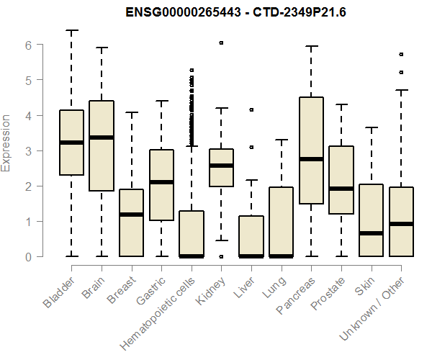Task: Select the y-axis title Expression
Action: click(x=6, y=143)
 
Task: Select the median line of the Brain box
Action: click(x=101, y=138)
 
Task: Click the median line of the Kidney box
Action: click(x=221, y=166)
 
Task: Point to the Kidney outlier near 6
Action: click(x=221, y=43)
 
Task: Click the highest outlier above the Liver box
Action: click(x=251, y=109)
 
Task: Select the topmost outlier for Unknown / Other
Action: click(x=401, y=54)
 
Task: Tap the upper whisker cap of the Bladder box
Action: click(x=71, y=31)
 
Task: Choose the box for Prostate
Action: click(x=341, y=180)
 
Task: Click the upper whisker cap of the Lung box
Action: click(x=281, y=140)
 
